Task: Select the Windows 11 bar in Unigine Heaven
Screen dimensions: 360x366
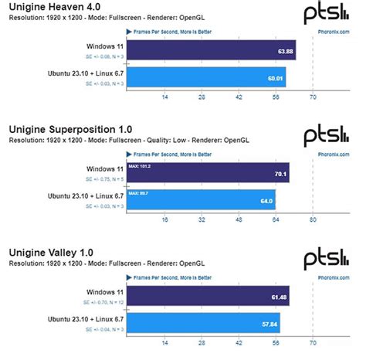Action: [208, 51]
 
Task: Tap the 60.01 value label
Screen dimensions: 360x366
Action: [275, 78]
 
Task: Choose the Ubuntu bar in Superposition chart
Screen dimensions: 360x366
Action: [201, 199]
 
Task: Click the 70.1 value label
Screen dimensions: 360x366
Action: [280, 174]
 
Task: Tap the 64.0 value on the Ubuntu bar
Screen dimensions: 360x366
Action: [266, 201]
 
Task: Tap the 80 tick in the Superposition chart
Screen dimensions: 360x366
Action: [313, 219]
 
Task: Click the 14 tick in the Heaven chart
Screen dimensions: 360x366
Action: [164, 97]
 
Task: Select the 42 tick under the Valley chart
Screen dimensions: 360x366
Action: [238, 342]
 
